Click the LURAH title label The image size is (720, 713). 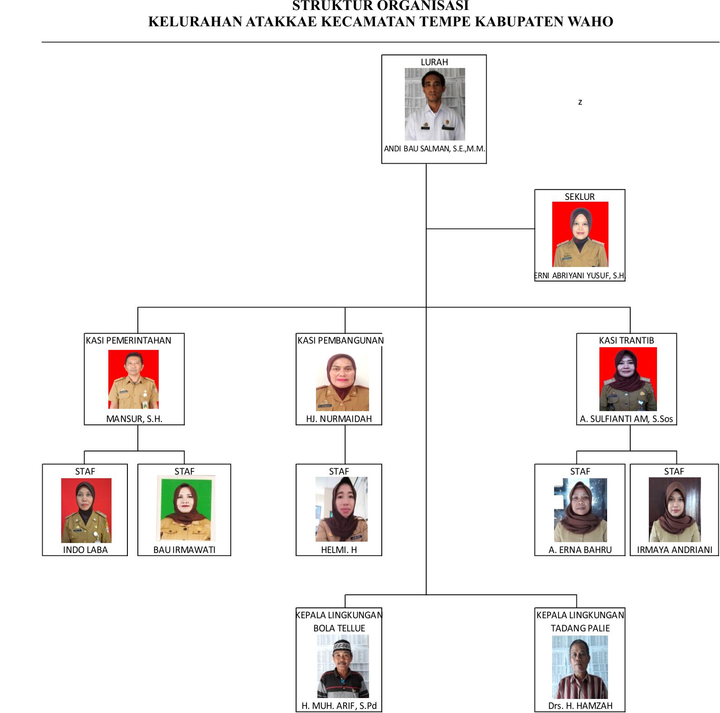click(434, 62)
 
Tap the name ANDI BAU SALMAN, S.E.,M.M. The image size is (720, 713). click(434, 149)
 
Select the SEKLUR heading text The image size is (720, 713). click(579, 197)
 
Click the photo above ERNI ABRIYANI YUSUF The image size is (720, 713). click(580, 234)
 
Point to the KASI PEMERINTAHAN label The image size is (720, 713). click(128, 340)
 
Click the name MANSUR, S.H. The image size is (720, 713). click(134, 419)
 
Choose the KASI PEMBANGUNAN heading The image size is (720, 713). click(341, 340)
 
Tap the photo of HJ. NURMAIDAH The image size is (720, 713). click(342, 382)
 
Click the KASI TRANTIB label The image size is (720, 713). click(626, 340)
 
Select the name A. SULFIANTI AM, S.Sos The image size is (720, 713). click(626, 419)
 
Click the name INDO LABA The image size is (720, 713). click(85, 550)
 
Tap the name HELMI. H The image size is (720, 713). click(339, 550)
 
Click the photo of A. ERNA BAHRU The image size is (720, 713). click(580, 510)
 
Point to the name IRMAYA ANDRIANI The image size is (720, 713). click(675, 550)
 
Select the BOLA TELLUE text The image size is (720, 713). click(339, 628)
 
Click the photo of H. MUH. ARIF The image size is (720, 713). click(343, 666)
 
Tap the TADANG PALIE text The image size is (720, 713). click(580, 628)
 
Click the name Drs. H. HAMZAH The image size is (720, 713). click(580, 706)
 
